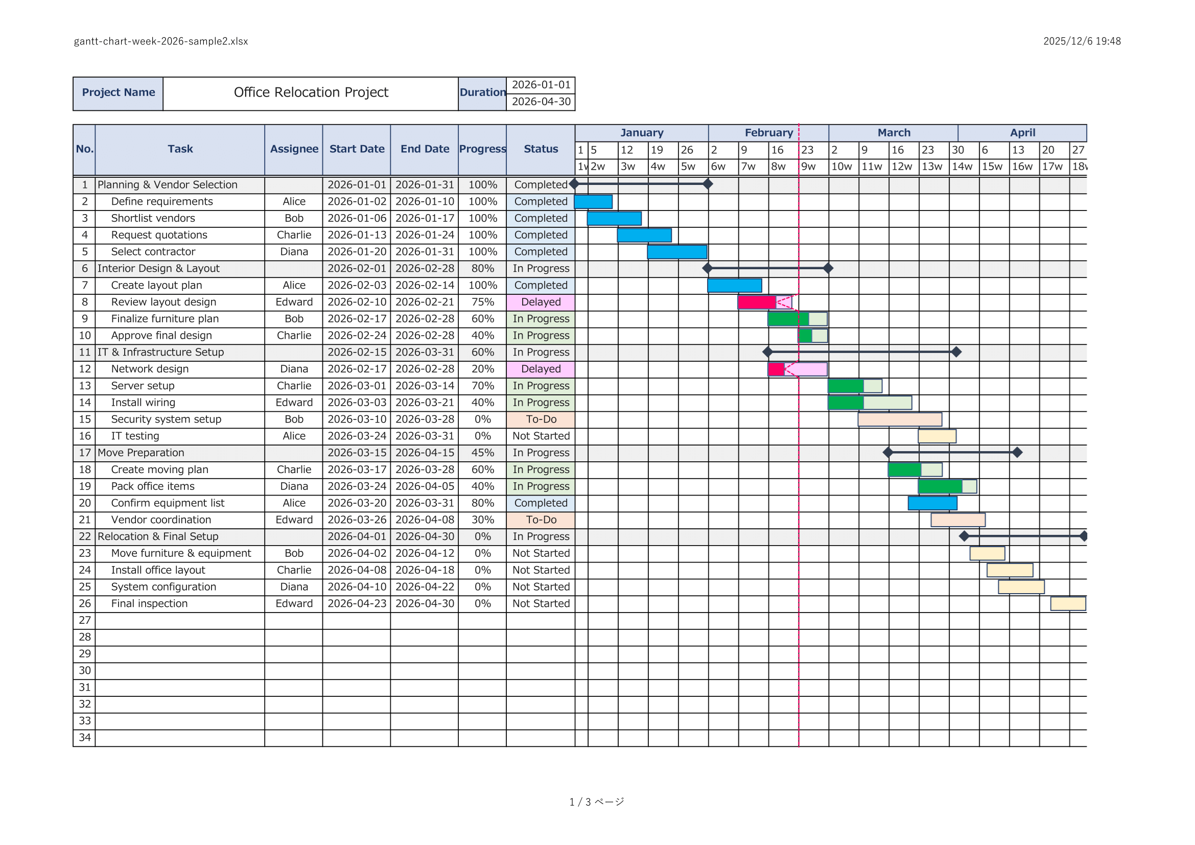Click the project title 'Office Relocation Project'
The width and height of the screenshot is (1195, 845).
(311, 92)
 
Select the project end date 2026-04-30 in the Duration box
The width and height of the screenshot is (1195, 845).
(541, 102)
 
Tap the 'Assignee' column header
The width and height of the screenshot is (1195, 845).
(294, 149)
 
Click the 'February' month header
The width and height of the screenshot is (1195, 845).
(768, 133)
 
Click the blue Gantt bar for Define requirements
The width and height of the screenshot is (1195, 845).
(593, 201)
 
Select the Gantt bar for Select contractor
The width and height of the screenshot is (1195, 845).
(676, 252)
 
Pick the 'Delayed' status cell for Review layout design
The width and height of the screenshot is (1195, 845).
(541, 302)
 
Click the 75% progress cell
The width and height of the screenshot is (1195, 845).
(482, 302)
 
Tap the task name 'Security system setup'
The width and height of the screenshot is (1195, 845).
(166, 419)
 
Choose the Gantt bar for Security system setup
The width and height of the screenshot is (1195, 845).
(899, 419)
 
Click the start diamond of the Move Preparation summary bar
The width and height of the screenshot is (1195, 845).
(888, 453)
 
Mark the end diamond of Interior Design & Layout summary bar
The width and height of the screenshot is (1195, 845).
(828, 269)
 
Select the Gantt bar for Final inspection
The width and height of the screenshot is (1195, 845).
(1067, 603)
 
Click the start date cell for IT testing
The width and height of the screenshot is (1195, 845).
(357, 436)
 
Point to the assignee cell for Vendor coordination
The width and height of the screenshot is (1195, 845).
(294, 520)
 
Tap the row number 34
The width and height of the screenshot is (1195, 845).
(84, 737)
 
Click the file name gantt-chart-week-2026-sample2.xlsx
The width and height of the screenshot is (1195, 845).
(161, 41)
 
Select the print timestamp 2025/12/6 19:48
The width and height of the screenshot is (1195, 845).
(1082, 41)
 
